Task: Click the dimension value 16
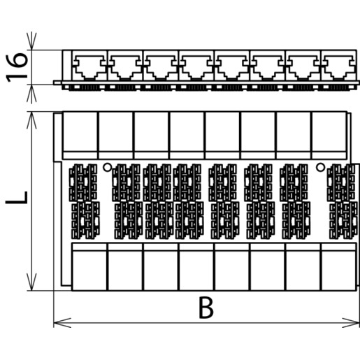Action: point(17,68)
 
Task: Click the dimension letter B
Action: point(206,308)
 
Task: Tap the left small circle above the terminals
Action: point(108,167)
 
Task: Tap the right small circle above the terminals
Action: point(320,167)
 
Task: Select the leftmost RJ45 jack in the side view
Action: point(89,67)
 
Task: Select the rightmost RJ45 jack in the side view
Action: point(338,67)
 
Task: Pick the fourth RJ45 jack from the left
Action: point(196,67)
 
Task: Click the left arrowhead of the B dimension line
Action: point(62,323)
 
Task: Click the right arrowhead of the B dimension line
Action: point(351,323)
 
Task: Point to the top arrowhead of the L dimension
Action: point(31,120)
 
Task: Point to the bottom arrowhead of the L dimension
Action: point(31,282)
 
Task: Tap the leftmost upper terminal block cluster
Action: point(83,182)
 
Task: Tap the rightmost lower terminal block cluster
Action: point(343,220)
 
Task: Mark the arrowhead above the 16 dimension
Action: point(31,41)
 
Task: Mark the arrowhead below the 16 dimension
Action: point(31,93)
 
